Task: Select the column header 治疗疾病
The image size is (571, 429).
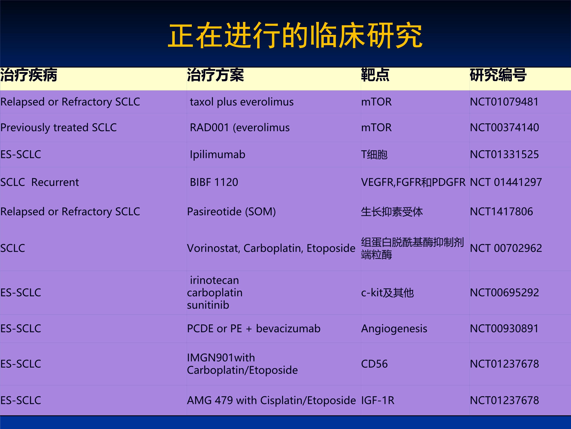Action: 29,75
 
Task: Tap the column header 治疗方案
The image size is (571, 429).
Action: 215,75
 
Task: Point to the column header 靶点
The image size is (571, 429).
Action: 375,75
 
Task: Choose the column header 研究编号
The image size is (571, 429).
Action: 498,75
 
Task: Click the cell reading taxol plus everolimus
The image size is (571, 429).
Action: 242,102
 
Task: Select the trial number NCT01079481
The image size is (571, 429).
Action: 504,102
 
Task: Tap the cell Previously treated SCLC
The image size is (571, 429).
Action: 58,128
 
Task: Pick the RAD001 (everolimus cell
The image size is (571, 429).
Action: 240,128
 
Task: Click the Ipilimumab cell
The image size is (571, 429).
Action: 218,155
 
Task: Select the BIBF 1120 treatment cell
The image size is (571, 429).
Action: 214,182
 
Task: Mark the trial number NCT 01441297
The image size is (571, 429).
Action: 506,182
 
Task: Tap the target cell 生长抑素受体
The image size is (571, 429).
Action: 392,212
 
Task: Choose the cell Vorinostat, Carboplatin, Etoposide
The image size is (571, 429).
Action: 271,248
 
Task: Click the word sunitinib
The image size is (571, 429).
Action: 208,305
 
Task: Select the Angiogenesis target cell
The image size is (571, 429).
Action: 394,329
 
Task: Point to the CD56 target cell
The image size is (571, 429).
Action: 374,364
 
